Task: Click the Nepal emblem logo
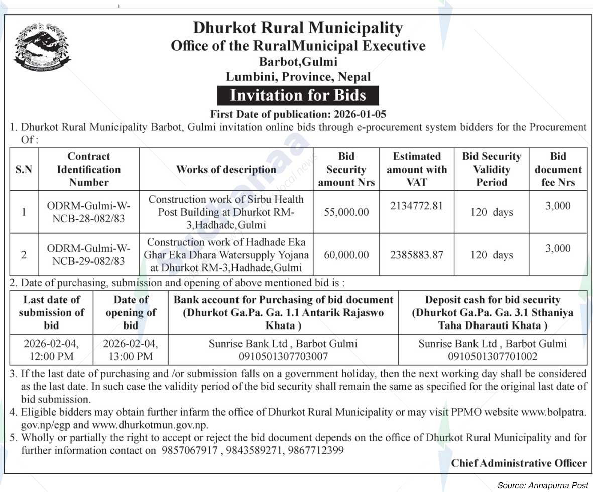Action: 42,46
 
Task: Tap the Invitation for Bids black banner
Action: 297,95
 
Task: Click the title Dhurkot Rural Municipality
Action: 298,28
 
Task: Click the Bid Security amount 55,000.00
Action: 346,212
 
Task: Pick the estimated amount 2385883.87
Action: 416,255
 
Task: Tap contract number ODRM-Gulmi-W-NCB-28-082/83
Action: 88,212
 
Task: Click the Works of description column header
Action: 226,169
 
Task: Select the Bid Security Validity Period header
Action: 491,169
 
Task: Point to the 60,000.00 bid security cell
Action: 346,255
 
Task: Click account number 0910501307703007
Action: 283,357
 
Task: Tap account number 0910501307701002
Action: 493,357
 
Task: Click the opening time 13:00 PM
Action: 130,357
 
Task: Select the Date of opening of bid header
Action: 131,312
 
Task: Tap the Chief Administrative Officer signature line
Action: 519,463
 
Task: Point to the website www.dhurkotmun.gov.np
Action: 150,425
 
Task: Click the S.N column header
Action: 24,169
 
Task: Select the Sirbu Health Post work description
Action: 226,212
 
